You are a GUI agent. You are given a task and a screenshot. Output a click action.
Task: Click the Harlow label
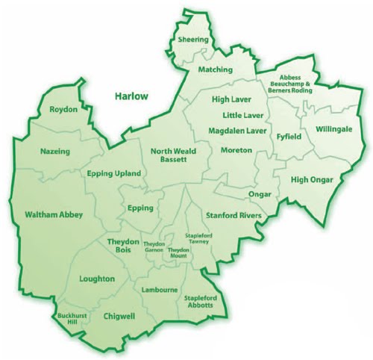tap(131, 96)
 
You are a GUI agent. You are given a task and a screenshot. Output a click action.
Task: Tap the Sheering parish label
tap(192, 39)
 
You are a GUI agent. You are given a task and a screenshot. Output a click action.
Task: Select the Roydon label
tap(63, 110)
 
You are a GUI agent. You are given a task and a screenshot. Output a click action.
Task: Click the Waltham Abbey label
tap(54, 214)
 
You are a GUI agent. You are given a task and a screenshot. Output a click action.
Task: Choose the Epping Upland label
tap(113, 173)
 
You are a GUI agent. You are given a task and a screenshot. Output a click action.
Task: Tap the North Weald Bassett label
tap(173, 155)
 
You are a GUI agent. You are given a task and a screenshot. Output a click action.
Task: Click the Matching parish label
tap(216, 69)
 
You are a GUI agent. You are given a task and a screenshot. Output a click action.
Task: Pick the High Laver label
tap(231, 99)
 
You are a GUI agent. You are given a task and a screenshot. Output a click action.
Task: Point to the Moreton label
tap(237, 150)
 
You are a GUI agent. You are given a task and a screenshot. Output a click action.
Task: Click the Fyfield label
tap(287, 137)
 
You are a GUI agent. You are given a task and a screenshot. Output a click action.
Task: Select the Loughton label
tap(97, 279)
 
